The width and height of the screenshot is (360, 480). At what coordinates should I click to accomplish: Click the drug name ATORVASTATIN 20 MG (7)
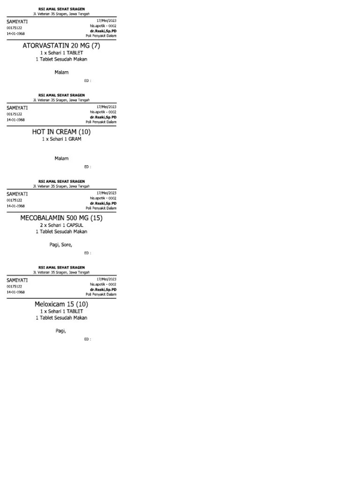[x=61, y=45]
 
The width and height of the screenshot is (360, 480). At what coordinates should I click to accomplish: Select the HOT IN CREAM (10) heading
[x=61, y=132]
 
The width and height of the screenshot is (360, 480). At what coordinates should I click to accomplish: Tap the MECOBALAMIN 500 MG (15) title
[x=61, y=218]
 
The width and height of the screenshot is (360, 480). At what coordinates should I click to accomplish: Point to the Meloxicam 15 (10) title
[x=61, y=304]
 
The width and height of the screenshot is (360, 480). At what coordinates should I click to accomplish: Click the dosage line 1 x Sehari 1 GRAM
[x=61, y=139]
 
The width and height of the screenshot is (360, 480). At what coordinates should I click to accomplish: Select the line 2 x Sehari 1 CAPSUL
[x=61, y=225]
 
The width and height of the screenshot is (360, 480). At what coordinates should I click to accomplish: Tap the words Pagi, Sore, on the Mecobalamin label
[x=61, y=244]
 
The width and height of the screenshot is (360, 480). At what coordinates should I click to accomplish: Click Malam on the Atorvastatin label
[x=61, y=72]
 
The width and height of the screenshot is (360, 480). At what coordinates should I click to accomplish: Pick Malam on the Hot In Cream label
[x=61, y=158]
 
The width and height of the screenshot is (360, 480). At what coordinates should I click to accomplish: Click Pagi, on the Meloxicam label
[x=61, y=331]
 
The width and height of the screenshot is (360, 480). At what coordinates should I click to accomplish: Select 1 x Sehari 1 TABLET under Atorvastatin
[x=61, y=53]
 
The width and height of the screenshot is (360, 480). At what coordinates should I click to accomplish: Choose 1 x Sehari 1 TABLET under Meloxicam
[x=61, y=311]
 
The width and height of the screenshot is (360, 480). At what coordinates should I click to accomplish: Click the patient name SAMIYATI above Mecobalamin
[x=17, y=194]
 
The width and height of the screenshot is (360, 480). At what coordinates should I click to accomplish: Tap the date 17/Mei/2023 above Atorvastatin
[x=106, y=21]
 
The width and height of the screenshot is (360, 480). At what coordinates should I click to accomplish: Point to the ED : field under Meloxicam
[x=87, y=339]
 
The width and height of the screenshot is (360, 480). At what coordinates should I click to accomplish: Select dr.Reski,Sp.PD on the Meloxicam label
[x=103, y=289]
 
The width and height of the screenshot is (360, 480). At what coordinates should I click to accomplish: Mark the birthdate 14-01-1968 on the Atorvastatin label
[x=15, y=34]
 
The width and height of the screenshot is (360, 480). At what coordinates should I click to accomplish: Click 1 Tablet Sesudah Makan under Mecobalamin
[x=61, y=232]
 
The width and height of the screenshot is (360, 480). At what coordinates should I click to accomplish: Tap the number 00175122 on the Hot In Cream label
[x=14, y=114]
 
